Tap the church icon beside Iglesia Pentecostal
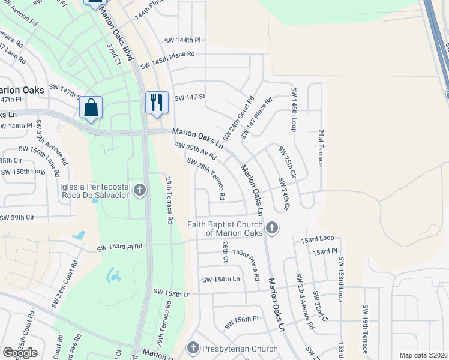pos(140,191)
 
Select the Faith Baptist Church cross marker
pos(272,227)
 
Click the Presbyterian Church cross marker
pos(193,347)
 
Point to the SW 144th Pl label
pos(182,40)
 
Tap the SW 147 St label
pos(190,97)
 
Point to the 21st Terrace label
pos(321,148)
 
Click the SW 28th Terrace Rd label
pos(206,178)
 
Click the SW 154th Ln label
pos(220,280)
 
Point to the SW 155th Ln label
pos(170,294)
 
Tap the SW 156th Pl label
pos(241,323)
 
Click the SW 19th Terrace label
pos(364,329)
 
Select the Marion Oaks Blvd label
pos(116,31)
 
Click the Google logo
pos(20,353)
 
